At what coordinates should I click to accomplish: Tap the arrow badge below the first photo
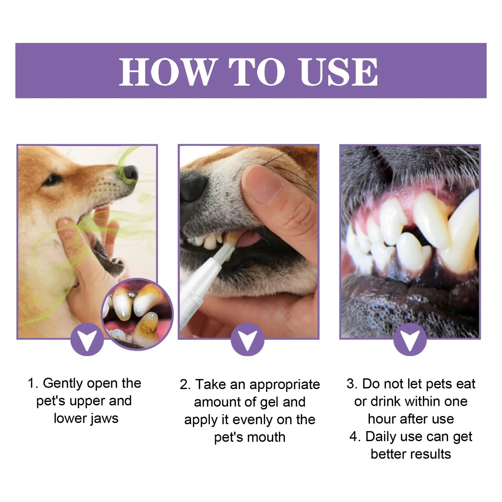click(x=87, y=339)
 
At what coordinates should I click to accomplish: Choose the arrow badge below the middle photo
click(x=248, y=339)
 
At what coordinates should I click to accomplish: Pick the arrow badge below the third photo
click(x=410, y=339)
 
